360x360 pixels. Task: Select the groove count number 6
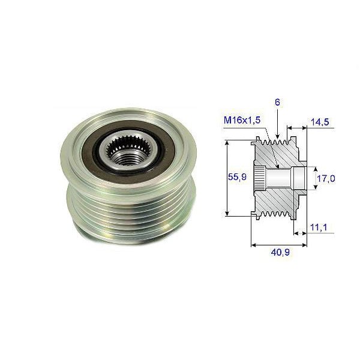click(278, 103)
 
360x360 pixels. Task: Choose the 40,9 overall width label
click(279, 253)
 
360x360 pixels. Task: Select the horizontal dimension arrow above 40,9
click(279, 245)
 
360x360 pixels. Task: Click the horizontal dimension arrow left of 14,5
click(296, 128)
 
